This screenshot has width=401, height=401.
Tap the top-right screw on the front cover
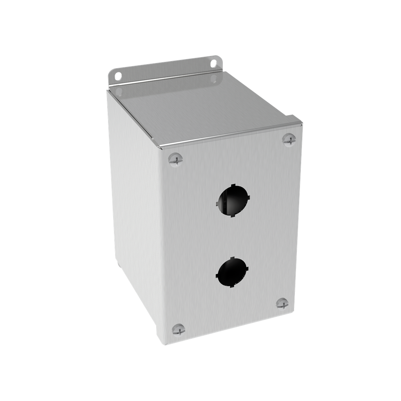(x=289, y=139)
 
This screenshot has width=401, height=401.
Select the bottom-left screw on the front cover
(x=178, y=329)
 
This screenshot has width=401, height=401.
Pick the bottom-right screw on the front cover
(x=282, y=303)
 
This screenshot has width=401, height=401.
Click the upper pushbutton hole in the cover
(x=233, y=200)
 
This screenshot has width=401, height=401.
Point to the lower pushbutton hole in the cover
(x=232, y=272)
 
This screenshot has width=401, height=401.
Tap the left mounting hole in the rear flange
(x=118, y=76)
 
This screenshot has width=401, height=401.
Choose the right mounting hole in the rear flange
(x=213, y=63)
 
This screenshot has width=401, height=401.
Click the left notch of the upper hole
(x=218, y=203)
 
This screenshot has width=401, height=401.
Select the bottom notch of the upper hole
(x=233, y=215)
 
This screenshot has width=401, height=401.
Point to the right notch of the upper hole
(x=248, y=197)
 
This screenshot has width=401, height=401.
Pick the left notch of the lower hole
(x=217, y=275)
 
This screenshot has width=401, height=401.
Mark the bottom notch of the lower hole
(x=231, y=286)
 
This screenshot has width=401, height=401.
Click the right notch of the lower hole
(x=247, y=269)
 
